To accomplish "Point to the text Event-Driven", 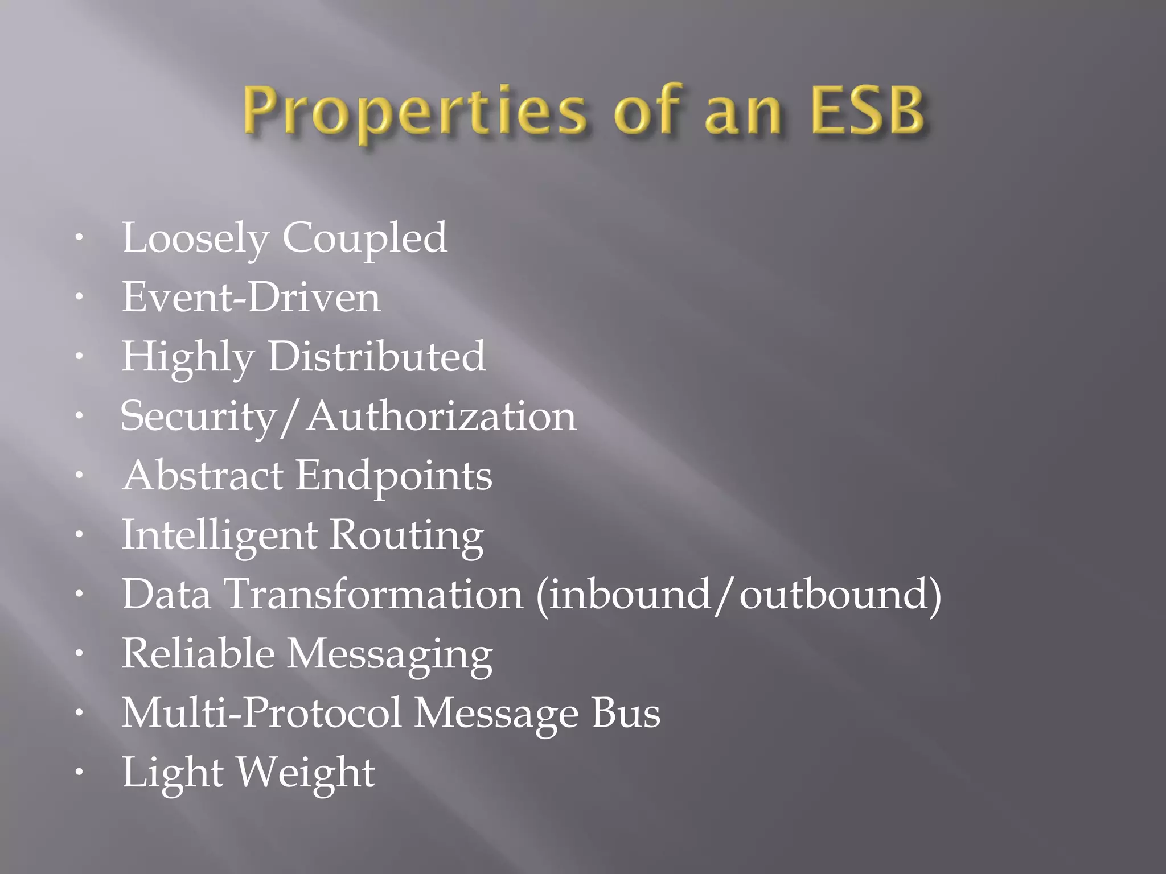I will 251,297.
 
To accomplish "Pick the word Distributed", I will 376,357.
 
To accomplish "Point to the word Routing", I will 407,537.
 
